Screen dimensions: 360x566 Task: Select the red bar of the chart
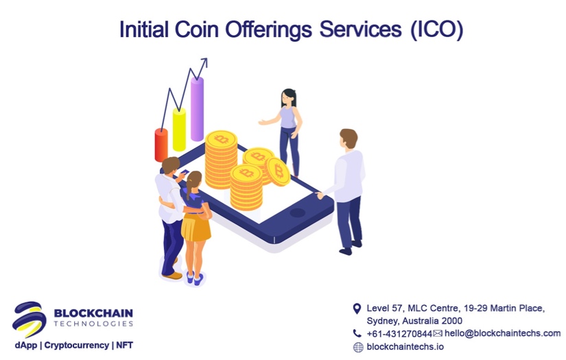[x=161, y=145]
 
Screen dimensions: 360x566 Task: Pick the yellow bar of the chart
[x=179, y=130]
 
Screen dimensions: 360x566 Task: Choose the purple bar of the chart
[x=197, y=110]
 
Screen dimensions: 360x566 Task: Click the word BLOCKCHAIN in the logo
[x=93, y=314]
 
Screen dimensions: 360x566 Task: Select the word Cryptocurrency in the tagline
[x=75, y=345]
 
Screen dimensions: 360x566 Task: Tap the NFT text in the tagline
[x=124, y=345]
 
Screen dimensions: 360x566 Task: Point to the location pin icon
[x=357, y=309]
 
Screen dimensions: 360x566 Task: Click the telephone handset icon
[x=357, y=333]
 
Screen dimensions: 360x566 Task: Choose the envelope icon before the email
[x=438, y=333]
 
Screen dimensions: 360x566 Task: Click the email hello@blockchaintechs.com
[x=502, y=333]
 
